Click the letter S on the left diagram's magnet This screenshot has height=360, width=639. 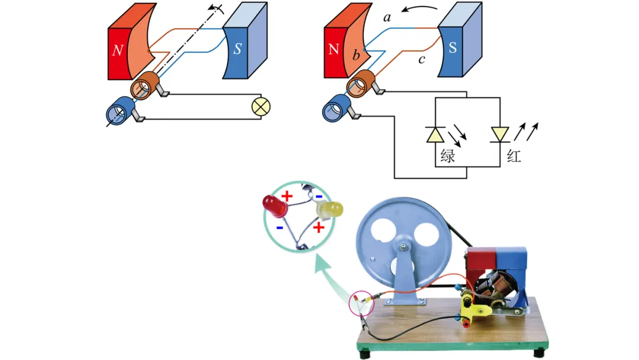pyautogui.click(x=237, y=49)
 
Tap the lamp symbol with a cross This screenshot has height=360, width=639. pyautogui.click(x=260, y=107)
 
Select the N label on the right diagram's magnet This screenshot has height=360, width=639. pyautogui.click(x=334, y=49)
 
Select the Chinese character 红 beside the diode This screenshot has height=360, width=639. pyautogui.click(x=514, y=157)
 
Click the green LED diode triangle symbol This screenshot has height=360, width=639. pyautogui.click(x=435, y=135)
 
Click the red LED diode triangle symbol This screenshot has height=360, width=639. pyautogui.click(x=500, y=135)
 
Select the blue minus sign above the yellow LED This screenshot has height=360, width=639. pyautogui.click(x=318, y=195)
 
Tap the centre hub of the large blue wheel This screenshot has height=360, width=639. pyautogui.click(x=403, y=247)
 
